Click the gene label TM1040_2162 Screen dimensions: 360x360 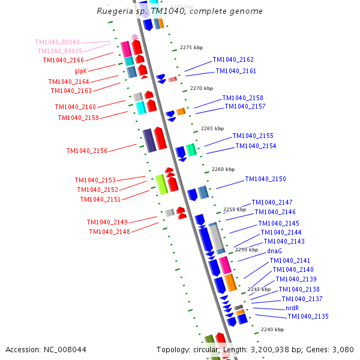(x=233, y=60)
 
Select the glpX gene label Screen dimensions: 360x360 (x=80, y=71)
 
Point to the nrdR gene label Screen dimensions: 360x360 (x=292, y=308)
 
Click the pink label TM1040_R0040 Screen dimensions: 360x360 (x=58, y=42)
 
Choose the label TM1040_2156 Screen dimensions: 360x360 (x=87, y=151)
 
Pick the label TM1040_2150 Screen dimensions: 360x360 (x=265, y=179)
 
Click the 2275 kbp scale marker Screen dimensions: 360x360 (x=191, y=47)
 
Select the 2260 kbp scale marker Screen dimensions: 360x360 (x=223, y=169)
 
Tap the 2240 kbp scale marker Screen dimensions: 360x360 (x=272, y=329)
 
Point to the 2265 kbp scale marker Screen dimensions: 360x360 (x=212, y=128)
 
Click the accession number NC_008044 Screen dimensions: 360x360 (x=46, y=349)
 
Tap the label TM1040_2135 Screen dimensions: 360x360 (x=308, y=316)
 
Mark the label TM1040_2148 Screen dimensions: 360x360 (x=109, y=232)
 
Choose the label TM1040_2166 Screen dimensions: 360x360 (x=63, y=60)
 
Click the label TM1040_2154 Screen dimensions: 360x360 (x=256, y=146)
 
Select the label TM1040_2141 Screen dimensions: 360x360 (x=290, y=260)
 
